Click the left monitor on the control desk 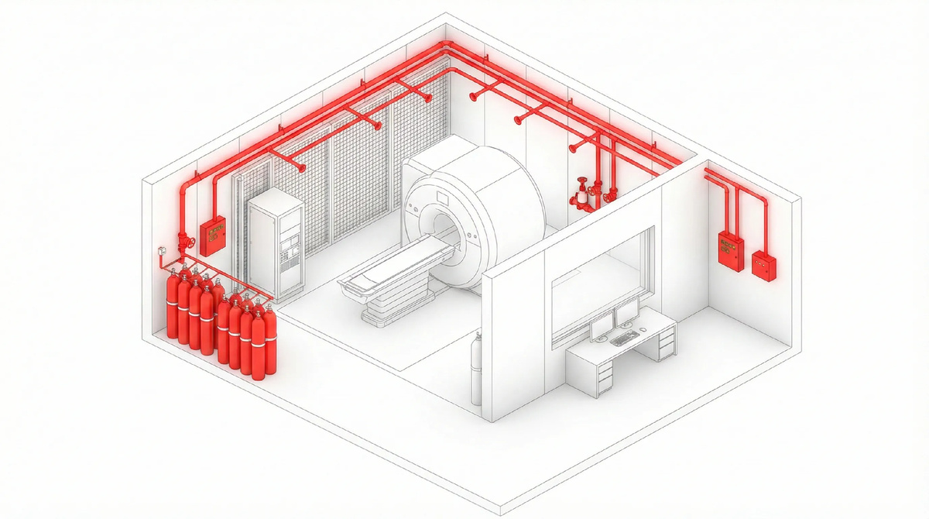coord(601,328)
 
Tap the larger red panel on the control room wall coord(729,249)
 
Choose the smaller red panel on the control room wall coord(764,266)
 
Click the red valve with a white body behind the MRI coord(580,194)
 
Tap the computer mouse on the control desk coord(642,332)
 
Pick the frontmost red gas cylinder coord(259,342)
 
